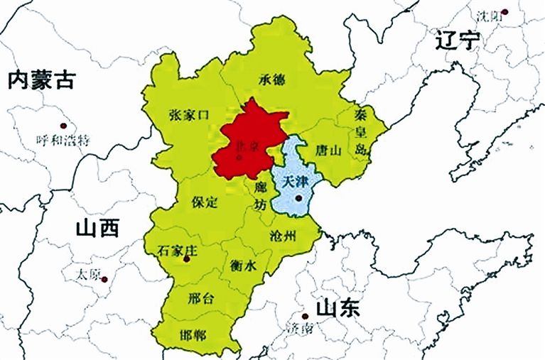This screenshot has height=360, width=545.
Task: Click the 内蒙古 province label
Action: [x=41, y=80]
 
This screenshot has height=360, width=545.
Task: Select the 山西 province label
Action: [x=97, y=228]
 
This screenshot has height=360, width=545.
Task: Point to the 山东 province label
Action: [x=338, y=308]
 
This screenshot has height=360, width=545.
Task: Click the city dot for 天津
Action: [x=299, y=198]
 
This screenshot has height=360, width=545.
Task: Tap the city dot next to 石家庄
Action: [x=187, y=259]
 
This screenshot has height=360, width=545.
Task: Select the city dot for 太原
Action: [x=104, y=279]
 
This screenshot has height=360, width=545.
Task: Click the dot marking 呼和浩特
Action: [x=63, y=125]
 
